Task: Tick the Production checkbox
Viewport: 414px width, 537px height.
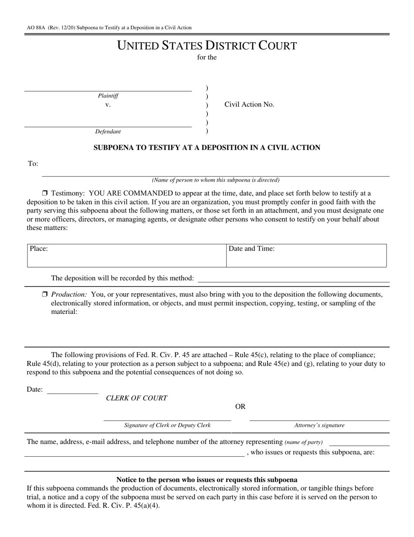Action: pyautogui.click(x=44, y=294)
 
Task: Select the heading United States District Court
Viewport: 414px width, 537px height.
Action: pyautogui.click(x=207, y=45)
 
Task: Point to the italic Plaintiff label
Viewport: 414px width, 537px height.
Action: pyautogui.click(x=108, y=96)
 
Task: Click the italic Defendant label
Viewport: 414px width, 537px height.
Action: pyautogui.click(x=108, y=131)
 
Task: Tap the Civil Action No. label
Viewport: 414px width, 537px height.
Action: pyautogui.click(x=249, y=104)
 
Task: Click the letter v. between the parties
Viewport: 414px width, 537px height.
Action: pyautogui.click(x=108, y=105)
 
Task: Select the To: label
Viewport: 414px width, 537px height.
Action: pyautogui.click(x=33, y=164)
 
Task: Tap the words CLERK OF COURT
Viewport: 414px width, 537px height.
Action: pyautogui.click(x=136, y=398)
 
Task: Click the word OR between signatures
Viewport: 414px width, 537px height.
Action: pyautogui.click(x=240, y=406)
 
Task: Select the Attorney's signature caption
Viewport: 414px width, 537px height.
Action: pyautogui.click(x=319, y=425)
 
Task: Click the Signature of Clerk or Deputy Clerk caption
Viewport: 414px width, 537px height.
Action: pyautogui.click(x=167, y=425)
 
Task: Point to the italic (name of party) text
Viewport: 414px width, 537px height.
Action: pyautogui.click(x=303, y=442)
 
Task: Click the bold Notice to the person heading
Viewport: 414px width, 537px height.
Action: pyautogui.click(x=207, y=479)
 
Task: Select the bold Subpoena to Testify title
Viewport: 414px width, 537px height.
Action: pyautogui.click(x=207, y=148)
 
